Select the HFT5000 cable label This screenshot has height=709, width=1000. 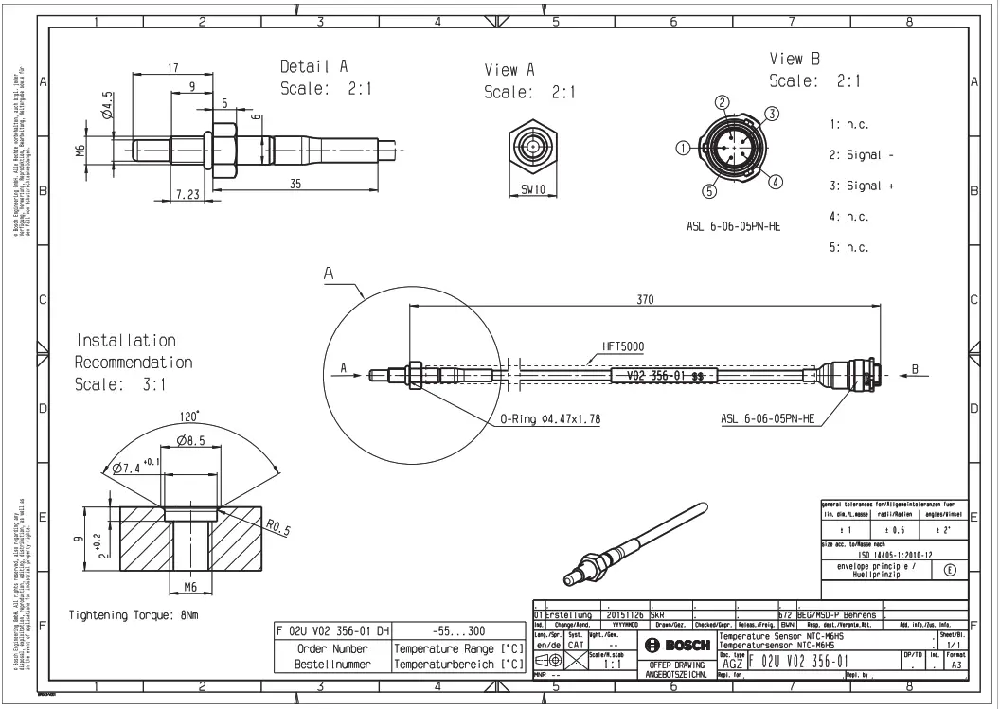(x=622, y=346)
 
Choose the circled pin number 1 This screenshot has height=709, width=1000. (x=683, y=148)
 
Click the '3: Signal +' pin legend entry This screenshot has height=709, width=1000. (x=862, y=186)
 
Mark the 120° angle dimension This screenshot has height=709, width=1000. (x=193, y=416)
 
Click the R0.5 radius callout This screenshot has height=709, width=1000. (x=278, y=526)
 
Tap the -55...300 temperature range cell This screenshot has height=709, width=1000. (x=457, y=630)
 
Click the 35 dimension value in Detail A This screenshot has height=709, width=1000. (x=295, y=185)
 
